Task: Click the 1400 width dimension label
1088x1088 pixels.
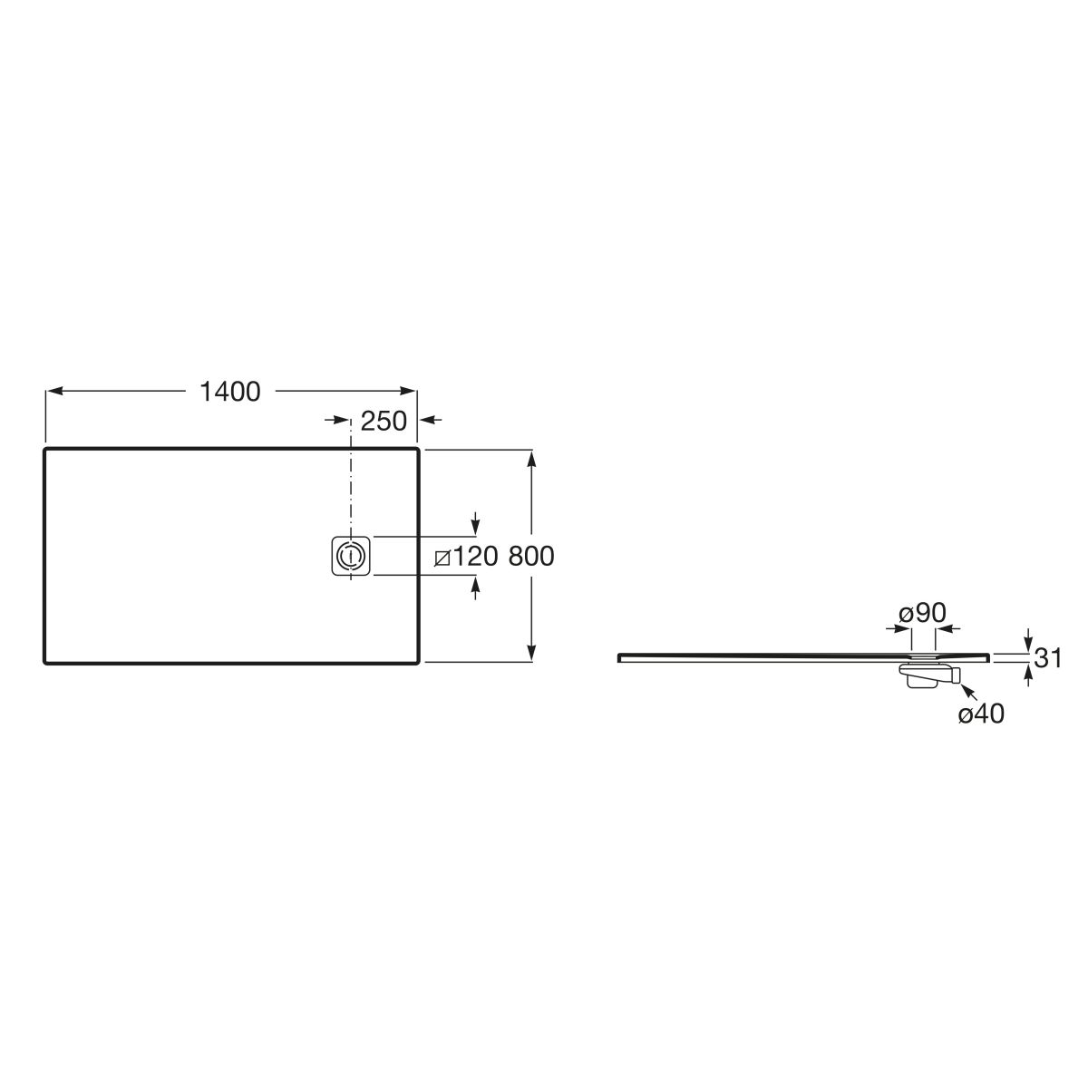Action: tap(230, 392)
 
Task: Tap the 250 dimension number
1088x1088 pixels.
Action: tap(384, 422)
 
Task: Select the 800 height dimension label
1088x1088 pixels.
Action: tap(531, 556)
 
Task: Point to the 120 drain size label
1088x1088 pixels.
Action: tap(475, 556)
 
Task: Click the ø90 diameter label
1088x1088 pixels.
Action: tap(922, 613)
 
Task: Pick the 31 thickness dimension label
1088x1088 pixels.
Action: tap(1048, 657)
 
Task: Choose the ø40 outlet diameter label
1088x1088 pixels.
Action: tap(981, 714)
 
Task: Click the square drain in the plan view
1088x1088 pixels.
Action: tap(351, 556)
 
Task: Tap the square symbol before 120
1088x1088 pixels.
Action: tap(442, 559)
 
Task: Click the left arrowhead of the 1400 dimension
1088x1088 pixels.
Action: tap(54, 391)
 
